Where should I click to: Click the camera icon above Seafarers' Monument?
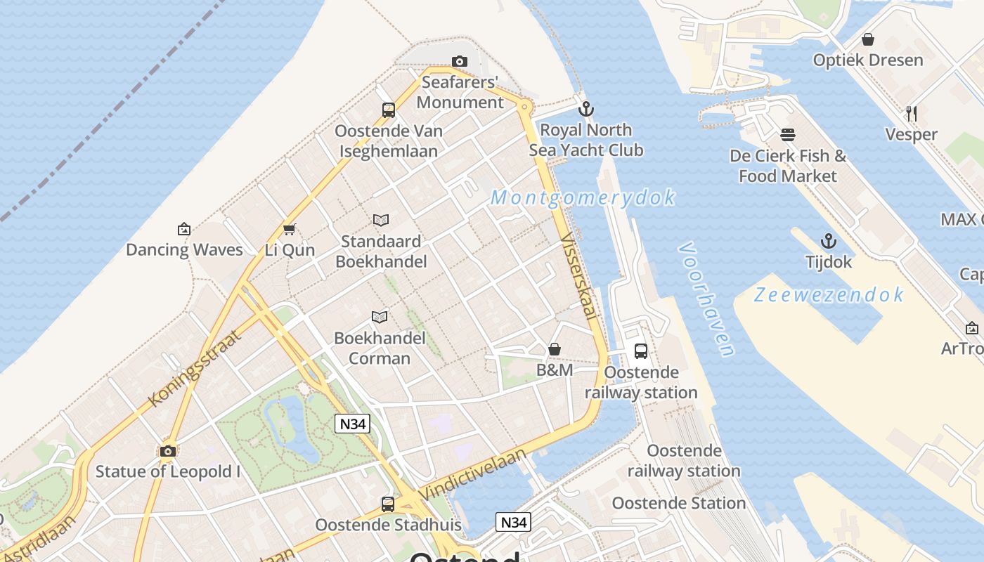click(x=460, y=62)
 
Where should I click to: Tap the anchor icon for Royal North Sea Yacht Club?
click(x=585, y=109)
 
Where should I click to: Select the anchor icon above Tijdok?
click(x=829, y=241)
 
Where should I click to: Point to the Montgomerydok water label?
click(x=583, y=198)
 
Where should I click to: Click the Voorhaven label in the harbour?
click(x=707, y=300)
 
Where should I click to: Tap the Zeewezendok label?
click(x=829, y=294)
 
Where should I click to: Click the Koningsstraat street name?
click(x=195, y=367)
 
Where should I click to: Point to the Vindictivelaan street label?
click(x=472, y=476)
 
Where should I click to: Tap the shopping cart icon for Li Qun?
click(x=289, y=229)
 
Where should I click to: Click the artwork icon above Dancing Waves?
click(x=184, y=228)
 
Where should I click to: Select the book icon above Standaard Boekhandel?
click(x=381, y=221)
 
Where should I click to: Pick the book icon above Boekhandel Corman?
click(x=380, y=317)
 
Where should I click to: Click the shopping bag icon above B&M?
click(x=555, y=349)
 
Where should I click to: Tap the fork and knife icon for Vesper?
click(x=911, y=113)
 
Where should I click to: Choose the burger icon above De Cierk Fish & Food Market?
click(x=788, y=135)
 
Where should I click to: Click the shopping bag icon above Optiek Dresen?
click(x=868, y=39)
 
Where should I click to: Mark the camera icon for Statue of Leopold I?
click(x=167, y=451)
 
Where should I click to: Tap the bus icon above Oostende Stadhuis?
click(x=388, y=504)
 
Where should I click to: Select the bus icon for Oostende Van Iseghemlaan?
click(x=389, y=110)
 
